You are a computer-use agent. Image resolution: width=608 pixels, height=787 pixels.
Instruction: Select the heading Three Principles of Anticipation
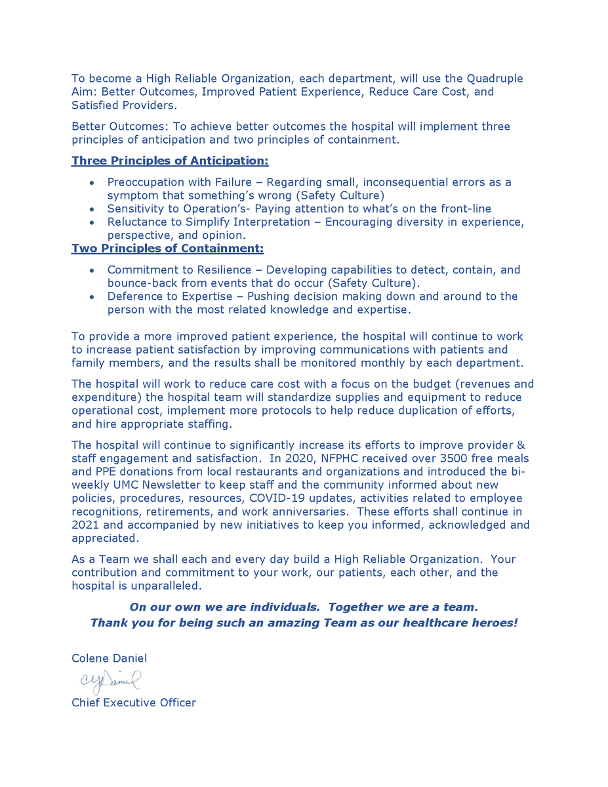170,161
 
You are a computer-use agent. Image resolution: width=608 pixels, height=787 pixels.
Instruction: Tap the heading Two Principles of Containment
167,249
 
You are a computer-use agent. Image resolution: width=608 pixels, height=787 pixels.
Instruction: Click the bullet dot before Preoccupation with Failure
92,182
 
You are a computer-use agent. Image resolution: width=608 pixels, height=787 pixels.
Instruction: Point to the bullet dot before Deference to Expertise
92,296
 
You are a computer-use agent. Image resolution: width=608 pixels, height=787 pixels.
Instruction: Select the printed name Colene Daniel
109,658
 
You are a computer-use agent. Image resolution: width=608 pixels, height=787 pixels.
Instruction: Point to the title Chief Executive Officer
133,703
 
